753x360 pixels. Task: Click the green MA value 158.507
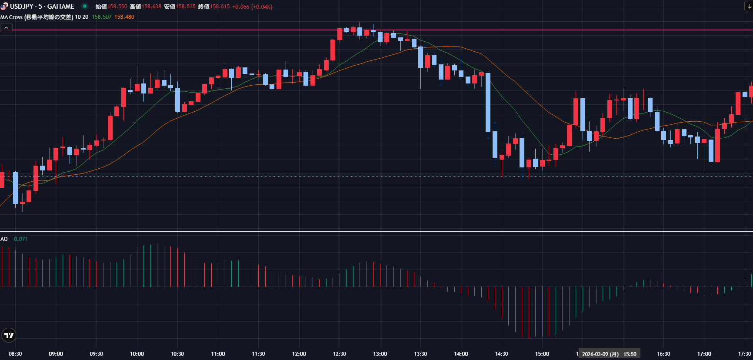[102, 17]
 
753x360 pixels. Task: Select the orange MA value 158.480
[124, 17]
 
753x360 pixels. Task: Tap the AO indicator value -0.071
[20, 239]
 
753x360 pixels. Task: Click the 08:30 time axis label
[15, 354]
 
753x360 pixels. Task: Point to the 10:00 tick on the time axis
[137, 354]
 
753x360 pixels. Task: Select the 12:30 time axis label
[340, 354]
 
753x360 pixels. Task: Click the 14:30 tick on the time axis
[501, 354]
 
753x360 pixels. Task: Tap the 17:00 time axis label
[704, 354]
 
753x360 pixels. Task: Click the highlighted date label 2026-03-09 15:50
[609, 354]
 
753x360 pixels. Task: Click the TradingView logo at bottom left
[9, 335]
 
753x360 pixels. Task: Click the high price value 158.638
[151, 7]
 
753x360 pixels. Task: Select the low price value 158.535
[186, 7]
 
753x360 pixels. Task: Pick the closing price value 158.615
[220, 7]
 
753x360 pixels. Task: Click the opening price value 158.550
[117, 7]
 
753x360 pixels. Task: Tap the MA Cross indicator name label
[37, 17]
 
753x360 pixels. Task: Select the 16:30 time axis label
[663, 354]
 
